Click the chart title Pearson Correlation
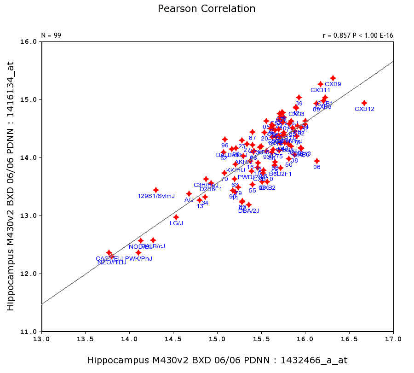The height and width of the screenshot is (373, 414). pyautogui.click(x=207, y=9)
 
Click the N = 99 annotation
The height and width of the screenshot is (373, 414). pyautogui.click(x=51, y=35)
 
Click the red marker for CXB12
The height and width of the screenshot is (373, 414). pyautogui.click(x=364, y=103)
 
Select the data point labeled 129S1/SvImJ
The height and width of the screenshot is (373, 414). pyautogui.click(x=156, y=190)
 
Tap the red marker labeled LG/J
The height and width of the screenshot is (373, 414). pyautogui.click(x=176, y=217)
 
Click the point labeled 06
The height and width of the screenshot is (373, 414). pyautogui.click(x=317, y=161)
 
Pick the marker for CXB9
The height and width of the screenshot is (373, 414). pyautogui.click(x=333, y=78)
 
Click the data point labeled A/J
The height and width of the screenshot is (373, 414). pyautogui.click(x=189, y=193)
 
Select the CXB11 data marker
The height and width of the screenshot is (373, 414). pyautogui.click(x=321, y=84)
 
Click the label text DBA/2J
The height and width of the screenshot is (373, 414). pyautogui.click(x=249, y=211)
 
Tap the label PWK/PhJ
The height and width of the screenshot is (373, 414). pyautogui.click(x=138, y=258)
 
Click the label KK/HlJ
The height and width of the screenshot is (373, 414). pyautogui.click(x=236, y=170)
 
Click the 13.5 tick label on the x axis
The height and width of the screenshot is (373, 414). pyautogui.click(x=85, y=339)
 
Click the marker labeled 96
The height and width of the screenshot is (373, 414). pyautogui.click(x=225, y=139)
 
